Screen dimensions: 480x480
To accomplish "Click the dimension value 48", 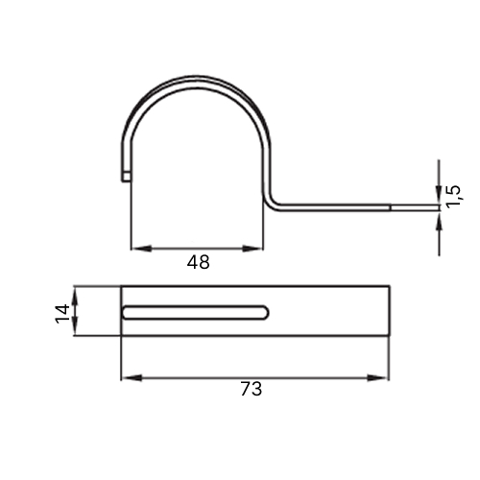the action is pos(198,262).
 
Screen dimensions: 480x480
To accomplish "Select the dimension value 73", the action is pos(252,389).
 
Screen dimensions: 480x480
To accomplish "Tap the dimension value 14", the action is pos(62,314).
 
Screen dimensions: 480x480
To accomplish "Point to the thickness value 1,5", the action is pos(453,197).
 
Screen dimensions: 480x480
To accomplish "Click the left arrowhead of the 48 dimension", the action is pos(141,249).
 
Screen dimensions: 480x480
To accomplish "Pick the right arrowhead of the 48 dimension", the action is pos(252,249).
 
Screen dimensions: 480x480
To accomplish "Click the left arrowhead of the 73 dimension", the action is pos(132,378).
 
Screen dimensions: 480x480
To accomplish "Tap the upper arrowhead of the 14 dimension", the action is pos(75,296).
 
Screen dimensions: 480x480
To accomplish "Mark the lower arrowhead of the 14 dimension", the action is pos(75,325).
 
